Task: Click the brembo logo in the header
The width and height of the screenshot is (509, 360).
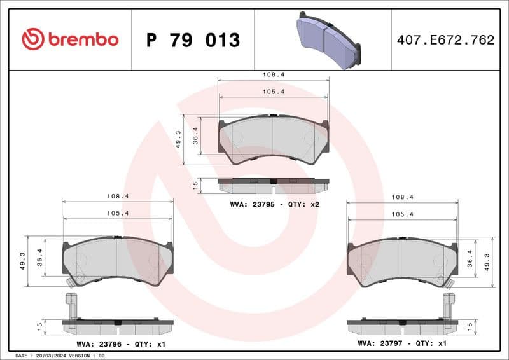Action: pyautogui.click(x=70, y=39)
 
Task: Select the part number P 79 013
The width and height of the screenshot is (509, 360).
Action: pyautogui.click(x=193, y=40)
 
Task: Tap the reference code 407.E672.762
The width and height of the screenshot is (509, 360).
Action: pyautogui.click(x=445, y=40)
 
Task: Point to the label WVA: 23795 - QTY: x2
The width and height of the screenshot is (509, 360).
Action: pyautogui.click(x=274, y=204)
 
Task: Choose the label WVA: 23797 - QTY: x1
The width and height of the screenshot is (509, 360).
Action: pyautogui.click(x=403, y=343)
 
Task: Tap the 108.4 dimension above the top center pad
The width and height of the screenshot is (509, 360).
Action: pyautogui.click(x=274, y=74)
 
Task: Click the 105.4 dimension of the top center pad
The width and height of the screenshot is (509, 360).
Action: pyautogui.click(x=274, y=92)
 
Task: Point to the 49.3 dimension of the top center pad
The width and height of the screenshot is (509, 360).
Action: pyautogui.click(x=179, y=139)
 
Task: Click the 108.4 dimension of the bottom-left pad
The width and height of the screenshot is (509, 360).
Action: pyautogui.click(x=117, y=197)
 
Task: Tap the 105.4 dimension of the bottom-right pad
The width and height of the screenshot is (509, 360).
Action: pyautogui.click(x=403, y=214)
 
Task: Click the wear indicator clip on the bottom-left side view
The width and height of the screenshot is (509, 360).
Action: pyautogui.click(x=71, y=305)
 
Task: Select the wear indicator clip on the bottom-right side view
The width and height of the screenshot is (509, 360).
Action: pyautogui.click(x=449, y=305)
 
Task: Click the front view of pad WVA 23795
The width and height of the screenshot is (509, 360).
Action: pyautogui.click(x=274, y=139)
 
